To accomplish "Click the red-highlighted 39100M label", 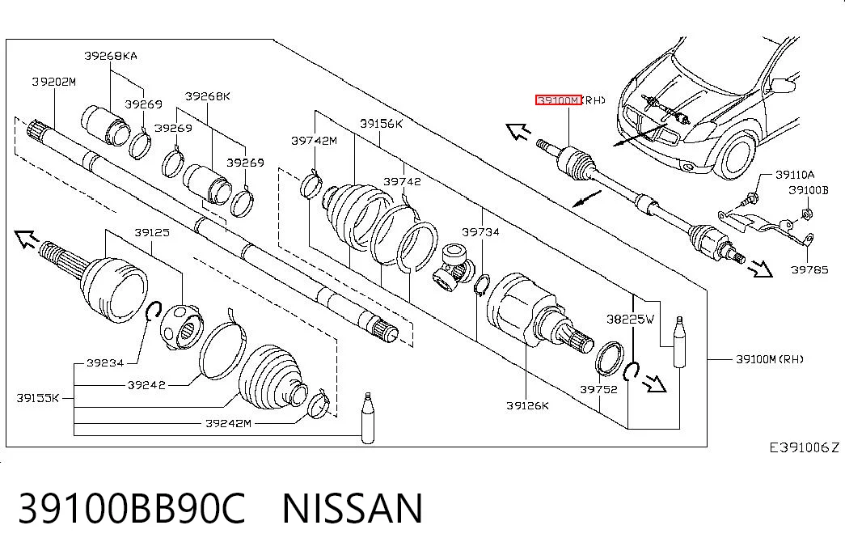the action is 558,100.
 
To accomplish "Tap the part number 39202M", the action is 54,82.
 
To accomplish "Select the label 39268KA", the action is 111,56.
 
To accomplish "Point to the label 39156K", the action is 381,124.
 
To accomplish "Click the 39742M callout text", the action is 315,141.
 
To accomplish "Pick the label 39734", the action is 480,232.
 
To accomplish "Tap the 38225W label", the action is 630,320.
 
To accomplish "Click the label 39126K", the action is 527,405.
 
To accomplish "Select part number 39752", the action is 598,389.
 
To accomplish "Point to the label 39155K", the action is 38,398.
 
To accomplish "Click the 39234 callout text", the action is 106,363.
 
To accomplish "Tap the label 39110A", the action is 795,175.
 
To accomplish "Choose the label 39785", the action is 809,269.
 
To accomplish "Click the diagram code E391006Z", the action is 804,447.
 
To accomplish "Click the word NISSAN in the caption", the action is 353,509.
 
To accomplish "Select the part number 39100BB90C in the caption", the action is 132,509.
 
